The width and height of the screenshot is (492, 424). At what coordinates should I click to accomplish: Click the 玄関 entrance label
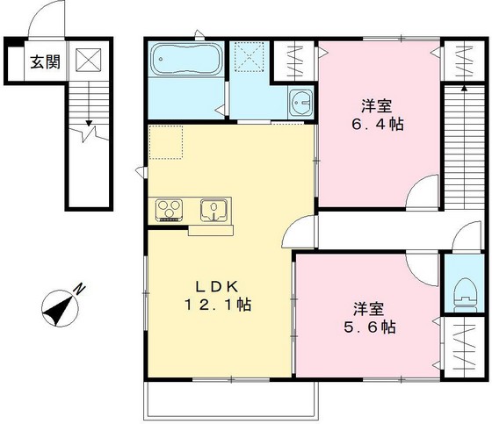point(45,62)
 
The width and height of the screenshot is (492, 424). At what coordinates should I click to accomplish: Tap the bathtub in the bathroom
point(185,59)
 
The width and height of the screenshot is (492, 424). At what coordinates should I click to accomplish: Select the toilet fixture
point(465,294)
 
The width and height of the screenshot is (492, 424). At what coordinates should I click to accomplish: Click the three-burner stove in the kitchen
point(170,210)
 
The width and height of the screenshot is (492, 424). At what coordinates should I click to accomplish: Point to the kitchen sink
point(213,209)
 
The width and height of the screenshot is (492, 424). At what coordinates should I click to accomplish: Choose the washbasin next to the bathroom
point(301,102)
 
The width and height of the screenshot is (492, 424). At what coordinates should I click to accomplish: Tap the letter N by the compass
point(80,289)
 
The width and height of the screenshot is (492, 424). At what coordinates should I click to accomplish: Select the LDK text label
point(218,286)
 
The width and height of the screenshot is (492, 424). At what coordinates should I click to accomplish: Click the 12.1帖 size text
point(218,305)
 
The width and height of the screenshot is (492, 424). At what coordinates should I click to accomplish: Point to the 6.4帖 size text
point(377,125)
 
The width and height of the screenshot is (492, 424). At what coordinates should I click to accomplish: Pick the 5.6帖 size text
point(369,327)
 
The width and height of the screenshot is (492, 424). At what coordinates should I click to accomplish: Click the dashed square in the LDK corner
point(166,142)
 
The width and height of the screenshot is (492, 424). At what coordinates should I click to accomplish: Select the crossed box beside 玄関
point(89,61)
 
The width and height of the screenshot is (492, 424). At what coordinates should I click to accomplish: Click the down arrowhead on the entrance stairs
point(89,123)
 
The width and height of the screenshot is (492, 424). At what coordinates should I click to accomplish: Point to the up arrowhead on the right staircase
point(465,89)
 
